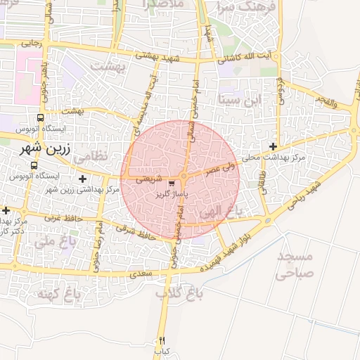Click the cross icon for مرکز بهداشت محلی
tap(273, 146)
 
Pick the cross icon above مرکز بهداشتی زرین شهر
tap(83, 179)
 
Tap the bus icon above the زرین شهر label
tap(40, 118)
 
